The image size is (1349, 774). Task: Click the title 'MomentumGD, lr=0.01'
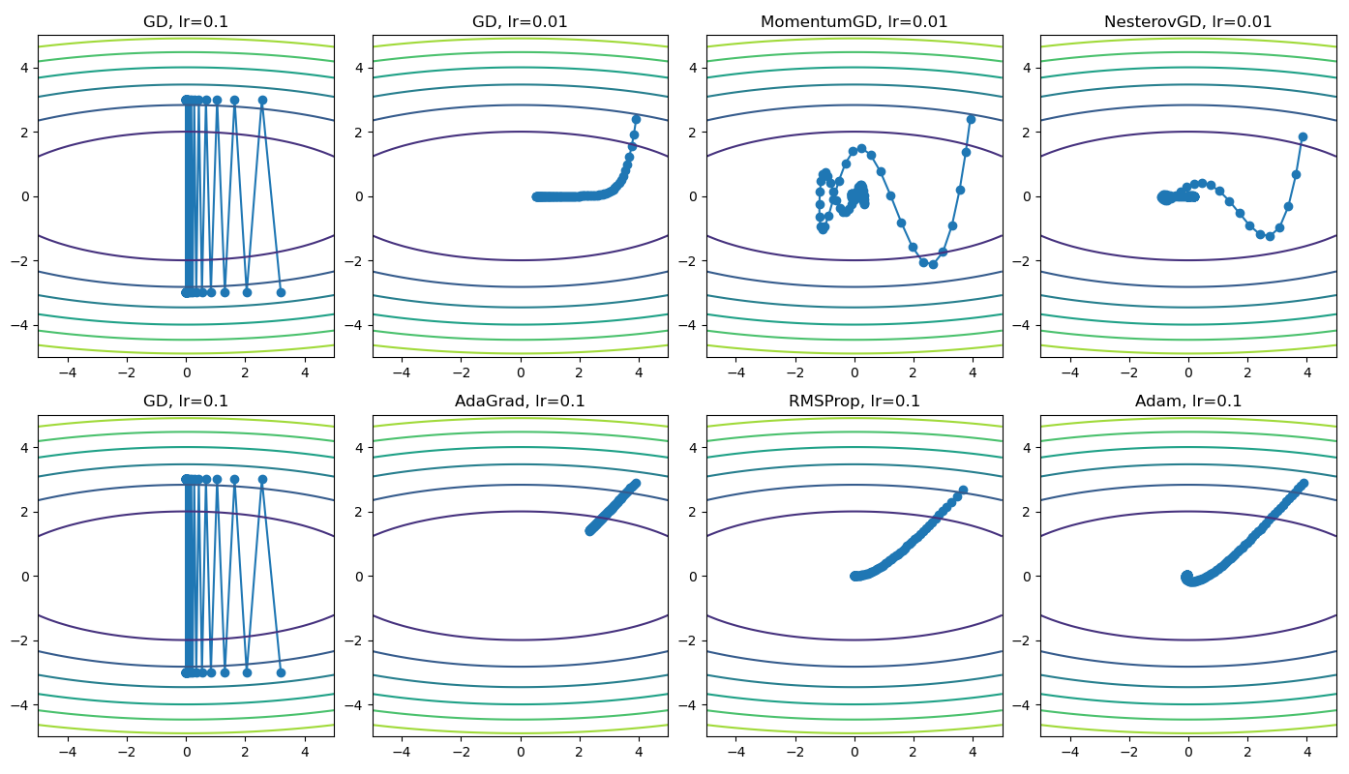point(854,21)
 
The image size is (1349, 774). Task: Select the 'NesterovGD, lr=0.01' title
point(1188,21)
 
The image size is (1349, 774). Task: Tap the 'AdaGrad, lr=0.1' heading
point(520,401)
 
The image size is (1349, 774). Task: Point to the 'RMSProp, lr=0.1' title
point(854,401)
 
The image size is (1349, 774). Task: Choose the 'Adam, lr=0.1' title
point(1188,401)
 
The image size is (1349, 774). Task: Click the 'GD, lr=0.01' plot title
point(520,21)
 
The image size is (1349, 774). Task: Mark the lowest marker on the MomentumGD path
point(933,264)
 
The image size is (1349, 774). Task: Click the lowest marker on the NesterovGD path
point(1270,236)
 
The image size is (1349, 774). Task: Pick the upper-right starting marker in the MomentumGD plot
point(971,119)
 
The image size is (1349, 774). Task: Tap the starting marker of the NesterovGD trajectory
point(1303,136)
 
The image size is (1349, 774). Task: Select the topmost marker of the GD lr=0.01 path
point(636,119)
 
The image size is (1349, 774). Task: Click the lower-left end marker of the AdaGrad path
point(589,530)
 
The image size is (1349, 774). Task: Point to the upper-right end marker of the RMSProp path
point(963,491)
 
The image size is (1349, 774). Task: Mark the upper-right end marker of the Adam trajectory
point(1303,483)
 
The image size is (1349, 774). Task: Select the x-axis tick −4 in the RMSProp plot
point(736,750)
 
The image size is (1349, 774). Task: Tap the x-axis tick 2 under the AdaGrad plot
point(579,750)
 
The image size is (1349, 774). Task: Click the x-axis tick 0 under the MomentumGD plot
point(854,371)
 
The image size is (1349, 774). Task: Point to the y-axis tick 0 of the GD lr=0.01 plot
point(360,196)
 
